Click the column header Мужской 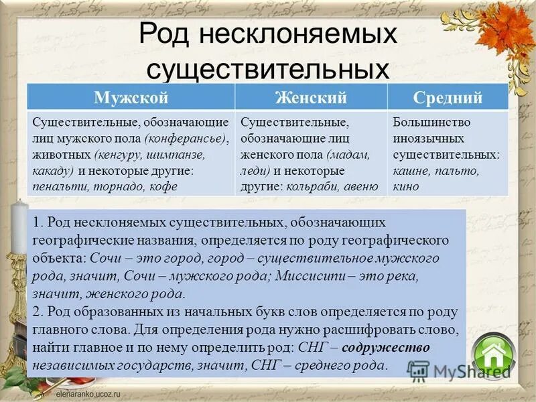click(131, 98)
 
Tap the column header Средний click(448, 98)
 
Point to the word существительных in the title click(268, 67)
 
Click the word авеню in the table click(360, 187)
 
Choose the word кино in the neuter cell click(406, 187)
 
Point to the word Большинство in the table click(431, 123)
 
